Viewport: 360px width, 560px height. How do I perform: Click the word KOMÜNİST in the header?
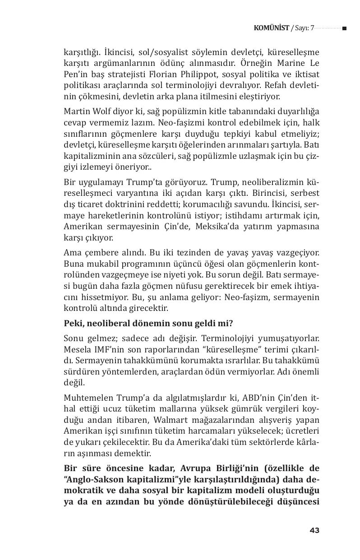point(271,28)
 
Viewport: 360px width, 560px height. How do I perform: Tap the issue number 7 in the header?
point(312,28)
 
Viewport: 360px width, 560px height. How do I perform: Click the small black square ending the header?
point(345,28)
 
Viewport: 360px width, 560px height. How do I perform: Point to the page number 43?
point(314,530)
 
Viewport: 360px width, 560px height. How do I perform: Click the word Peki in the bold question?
point(73,323)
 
